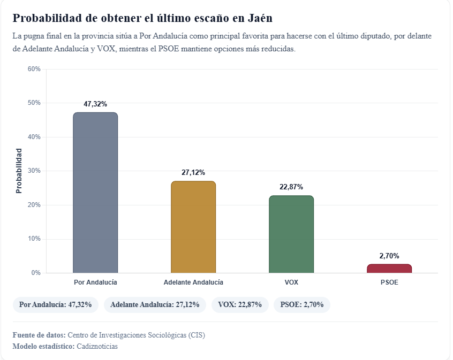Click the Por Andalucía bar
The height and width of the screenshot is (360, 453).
95,193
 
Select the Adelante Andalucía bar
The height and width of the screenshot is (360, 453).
193,227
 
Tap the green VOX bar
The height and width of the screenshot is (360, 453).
291,234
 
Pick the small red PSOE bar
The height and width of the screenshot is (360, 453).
389,269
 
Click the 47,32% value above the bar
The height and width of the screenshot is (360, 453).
95,104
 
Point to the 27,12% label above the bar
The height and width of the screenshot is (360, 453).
193,172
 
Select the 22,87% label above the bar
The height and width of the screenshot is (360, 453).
291,187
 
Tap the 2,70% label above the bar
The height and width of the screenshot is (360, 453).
389,256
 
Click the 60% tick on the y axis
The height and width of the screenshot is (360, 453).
34,69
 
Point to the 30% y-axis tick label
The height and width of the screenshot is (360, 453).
34,171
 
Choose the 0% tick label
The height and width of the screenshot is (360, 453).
35,273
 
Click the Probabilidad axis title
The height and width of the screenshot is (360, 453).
19,171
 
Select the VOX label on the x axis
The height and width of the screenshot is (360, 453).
291,282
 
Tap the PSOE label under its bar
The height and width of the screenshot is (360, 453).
389,282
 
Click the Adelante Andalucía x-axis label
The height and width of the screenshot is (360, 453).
193,282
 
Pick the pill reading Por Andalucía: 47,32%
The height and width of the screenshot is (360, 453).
55,305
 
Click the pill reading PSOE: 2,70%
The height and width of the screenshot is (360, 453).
302,305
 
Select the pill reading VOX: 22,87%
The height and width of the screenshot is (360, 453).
240,305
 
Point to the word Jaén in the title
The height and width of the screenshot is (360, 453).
261,18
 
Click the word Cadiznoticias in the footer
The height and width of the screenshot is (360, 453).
97,346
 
